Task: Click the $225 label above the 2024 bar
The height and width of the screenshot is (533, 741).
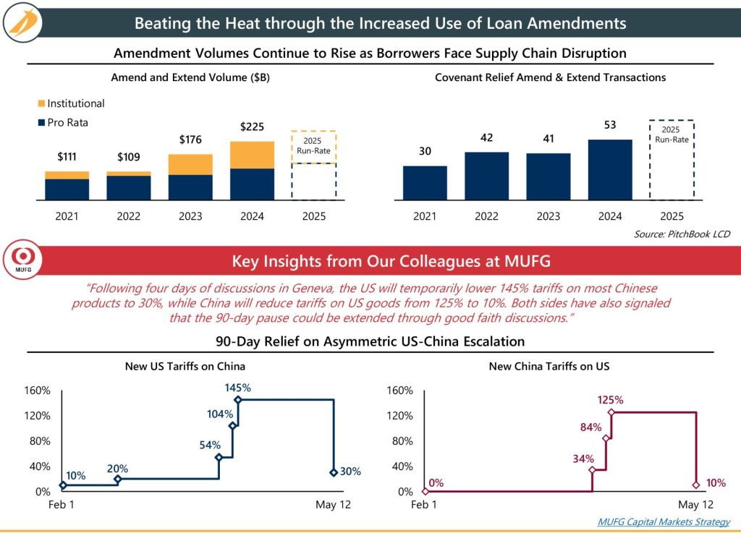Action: [253, 127]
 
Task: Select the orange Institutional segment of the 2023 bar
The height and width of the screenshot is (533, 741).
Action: [190, 164]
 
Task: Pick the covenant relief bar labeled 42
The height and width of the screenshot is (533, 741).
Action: [486, 175]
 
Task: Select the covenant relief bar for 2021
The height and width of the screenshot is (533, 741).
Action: [424, 182]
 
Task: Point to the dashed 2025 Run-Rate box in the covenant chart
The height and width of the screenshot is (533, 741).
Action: [671, 159]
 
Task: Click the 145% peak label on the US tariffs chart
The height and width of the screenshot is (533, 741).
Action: [237, 387]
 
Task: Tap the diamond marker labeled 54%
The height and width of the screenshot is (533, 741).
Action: [219, 457]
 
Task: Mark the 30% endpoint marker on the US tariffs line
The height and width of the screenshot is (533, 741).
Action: [333, 472]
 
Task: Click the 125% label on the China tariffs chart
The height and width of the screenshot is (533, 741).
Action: [610, 399]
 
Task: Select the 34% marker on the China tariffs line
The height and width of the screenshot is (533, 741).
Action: [591, 470]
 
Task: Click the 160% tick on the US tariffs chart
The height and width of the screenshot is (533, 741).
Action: [38, 391]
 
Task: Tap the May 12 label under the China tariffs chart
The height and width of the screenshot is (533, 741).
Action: [695, 505]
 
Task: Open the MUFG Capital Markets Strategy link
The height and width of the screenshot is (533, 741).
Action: [664, 521]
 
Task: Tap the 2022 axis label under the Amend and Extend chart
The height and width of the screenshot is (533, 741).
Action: [128, 216]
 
